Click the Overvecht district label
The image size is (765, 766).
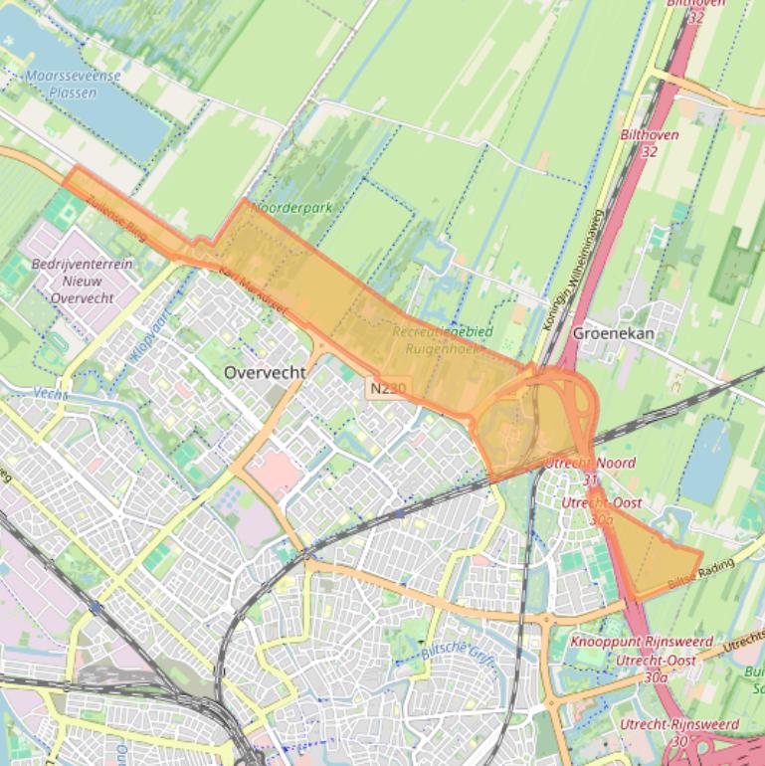[x=265, y=372]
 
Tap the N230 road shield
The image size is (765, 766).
[x=387, y=387]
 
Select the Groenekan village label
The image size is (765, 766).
[x=613, y=333]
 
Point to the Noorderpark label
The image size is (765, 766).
[x=292, y=209]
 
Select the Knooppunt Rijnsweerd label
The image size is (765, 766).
[x=641, y=642]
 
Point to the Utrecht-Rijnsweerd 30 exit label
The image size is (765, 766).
[x=678, y=731]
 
